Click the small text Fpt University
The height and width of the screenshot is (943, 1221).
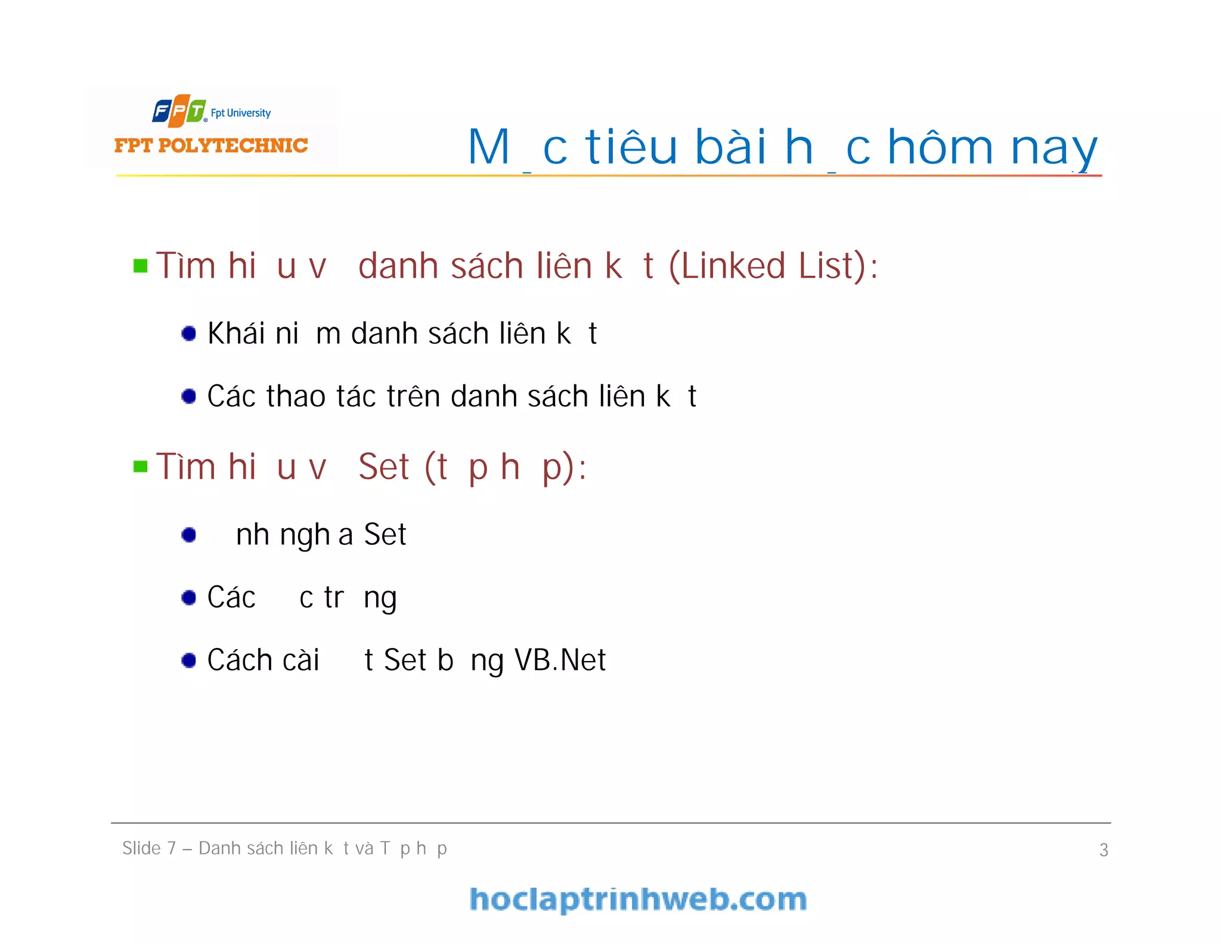(241, 113)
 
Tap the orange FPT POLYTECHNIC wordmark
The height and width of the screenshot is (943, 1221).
(211, 145)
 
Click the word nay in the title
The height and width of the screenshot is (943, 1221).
(1053, 149)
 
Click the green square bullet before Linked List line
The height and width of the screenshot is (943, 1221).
(141, 266)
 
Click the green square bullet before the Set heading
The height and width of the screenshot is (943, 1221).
(141, 466)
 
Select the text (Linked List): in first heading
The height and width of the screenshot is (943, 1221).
(773, 266)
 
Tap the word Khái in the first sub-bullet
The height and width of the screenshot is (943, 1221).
(236, 333)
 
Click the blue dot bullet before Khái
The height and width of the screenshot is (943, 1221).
(189, 333)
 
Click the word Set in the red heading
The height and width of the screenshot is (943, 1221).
(384, 466)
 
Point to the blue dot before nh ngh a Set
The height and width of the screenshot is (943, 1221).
(189, 535)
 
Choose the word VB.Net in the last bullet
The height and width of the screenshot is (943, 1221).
(560, 660)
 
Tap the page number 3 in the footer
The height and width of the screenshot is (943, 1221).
(1104, 850)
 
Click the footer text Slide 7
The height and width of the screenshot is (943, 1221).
(149, 848)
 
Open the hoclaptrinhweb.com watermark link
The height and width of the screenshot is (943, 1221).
(638, 899)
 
